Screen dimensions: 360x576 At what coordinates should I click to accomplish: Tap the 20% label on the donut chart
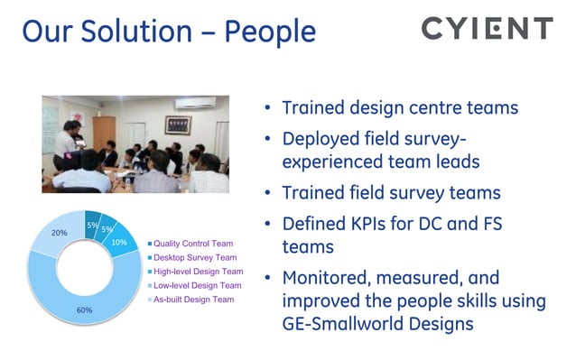pyautogui.click(x=59, y=232)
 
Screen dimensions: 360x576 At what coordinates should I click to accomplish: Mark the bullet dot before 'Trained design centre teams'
pyautogui.click(x=268, y=109)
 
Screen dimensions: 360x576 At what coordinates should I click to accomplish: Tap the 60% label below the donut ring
pyautogui.click(x=84, y=309)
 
